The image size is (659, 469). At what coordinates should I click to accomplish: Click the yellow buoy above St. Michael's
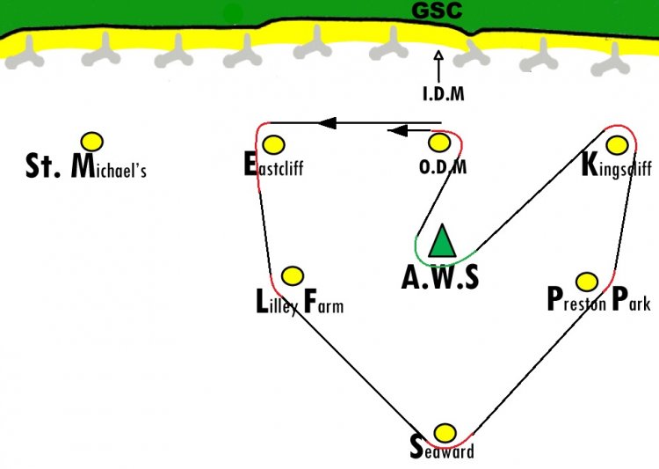(x=92, y=142)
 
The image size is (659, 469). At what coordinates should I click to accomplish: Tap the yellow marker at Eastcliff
(x=273, y=145)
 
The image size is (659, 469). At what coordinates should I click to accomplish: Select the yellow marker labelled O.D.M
(x=439, y=143)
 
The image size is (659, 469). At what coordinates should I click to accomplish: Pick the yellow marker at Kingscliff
(x=617, y=145)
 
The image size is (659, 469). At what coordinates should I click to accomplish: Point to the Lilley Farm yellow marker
(x=292, y=276)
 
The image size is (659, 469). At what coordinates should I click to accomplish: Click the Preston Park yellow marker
(x=587, y=282)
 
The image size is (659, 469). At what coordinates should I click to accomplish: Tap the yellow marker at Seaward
(x=445, y=433)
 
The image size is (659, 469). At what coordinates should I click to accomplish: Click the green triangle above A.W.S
(x=442, y=241)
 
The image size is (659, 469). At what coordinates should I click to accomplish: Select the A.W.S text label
(x=440, y=278)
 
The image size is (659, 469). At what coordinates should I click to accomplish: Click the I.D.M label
(x=444, y=93)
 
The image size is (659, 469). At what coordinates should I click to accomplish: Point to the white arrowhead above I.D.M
(x=438, y=55)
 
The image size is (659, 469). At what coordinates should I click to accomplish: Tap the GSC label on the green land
(x=437, y=10)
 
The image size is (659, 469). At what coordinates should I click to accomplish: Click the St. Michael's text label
(x=86, y=166)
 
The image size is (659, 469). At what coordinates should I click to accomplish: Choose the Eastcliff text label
(x=273, y=165)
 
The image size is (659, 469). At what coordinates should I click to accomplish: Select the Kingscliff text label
(x=617, y=165)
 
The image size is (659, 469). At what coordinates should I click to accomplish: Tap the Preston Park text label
(x=599, y=298)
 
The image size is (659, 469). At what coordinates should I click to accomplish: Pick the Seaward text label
(x=442, y=448)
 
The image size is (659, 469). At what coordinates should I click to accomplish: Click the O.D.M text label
(x=443, y=166)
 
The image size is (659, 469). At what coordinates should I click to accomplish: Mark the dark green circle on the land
(x=233, y=14)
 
